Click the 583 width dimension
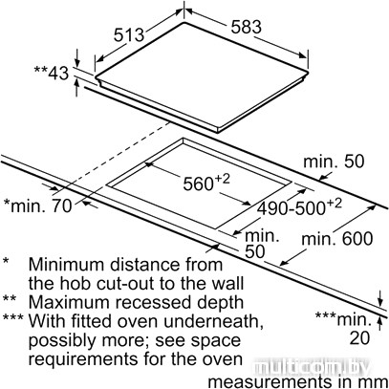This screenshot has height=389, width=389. [247, 27]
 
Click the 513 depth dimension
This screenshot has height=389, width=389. [129, 35]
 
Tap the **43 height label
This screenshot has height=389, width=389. [52, 74]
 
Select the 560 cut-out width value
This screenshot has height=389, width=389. [206, 183]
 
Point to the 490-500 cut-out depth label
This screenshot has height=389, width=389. [299, 207]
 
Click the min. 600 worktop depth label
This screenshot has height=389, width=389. [336, 238]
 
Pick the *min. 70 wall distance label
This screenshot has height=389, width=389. [37, 205]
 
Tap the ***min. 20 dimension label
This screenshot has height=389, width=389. [343, 328]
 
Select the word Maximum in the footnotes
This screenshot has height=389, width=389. [70, 302]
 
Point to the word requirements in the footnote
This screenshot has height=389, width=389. [83, 359]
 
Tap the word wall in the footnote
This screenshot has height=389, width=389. [227, 283]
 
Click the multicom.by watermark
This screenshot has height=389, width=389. [313, 368]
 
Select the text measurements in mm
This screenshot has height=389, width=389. [298, 381]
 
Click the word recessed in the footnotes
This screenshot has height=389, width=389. [154, 302]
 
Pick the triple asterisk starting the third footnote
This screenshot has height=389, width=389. [13, 318]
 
